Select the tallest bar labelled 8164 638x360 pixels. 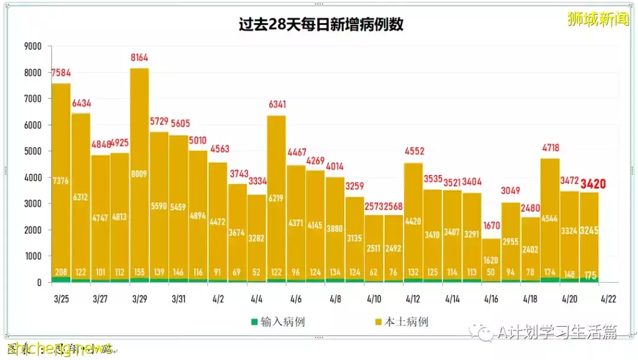pos(139,177)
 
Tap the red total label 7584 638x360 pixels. pos(61,73)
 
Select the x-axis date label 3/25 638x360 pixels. pos(61,299)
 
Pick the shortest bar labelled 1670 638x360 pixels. pos(491,260)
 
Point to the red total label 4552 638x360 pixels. pos(414,151)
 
